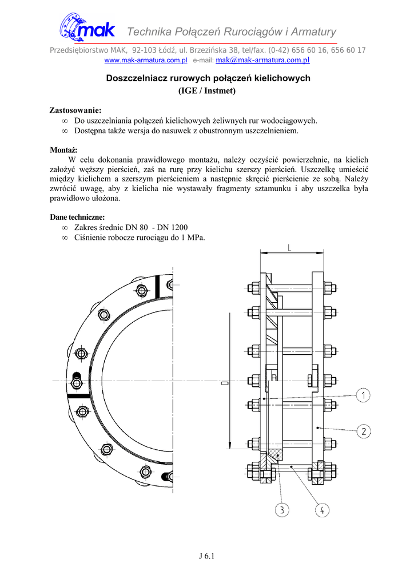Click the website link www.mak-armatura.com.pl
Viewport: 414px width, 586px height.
pyautogui.click(x=146, y=60)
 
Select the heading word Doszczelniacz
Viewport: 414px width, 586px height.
pyautogui.click(x=135, y=78)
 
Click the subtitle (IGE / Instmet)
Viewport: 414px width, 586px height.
pyautogui.click(x=208, y=90)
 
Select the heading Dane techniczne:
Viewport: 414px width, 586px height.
pyautogui.click(x=77, y=217)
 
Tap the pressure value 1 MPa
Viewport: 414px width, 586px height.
pyautogui.click(x=193, y=237)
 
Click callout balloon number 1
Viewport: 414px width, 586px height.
pyautogui.click(x=364, y=394)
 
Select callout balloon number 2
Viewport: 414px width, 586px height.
pyautogui.click(x=364, y=431)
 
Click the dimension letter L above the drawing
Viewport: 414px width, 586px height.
pyautogui.click(x=290, y=247)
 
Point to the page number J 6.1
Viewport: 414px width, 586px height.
pyautogui.click(x=206, y=556)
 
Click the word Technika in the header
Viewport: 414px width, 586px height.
pyautogui.click(x=151, y=31)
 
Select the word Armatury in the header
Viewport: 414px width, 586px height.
pyautogui.click(x=315, y=31)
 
